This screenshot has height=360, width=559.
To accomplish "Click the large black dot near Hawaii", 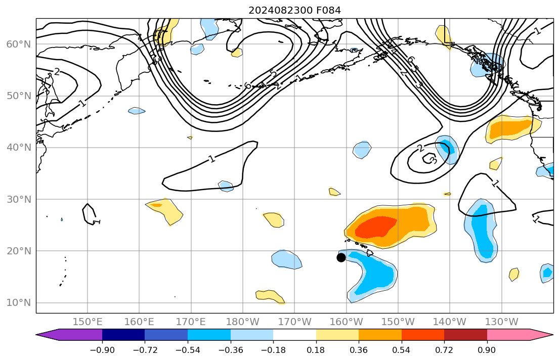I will point(341,257).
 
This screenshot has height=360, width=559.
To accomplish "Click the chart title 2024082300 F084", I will point(294,10).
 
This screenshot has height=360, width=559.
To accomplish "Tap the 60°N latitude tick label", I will point(18,44).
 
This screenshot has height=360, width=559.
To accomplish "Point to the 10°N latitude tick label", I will point(18,303).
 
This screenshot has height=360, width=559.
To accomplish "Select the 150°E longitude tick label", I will point(88,322).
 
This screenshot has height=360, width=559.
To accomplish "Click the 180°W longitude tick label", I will point(243,322).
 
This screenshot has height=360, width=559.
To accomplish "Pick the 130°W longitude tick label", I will point(501,322).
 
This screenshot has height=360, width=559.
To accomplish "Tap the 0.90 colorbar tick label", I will point(487,350).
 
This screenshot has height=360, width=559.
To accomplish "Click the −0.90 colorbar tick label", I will point(102,350).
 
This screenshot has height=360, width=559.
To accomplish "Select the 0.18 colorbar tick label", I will point(316,350).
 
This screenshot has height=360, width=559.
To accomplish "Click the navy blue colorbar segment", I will point(123,335).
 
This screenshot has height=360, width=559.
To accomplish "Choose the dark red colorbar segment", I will point(465,335).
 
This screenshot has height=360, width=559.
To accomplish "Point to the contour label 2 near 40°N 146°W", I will point(420,148).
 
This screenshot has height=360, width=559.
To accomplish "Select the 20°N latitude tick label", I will point(18,251).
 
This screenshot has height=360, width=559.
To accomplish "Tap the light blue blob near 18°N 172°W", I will point(286,259).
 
